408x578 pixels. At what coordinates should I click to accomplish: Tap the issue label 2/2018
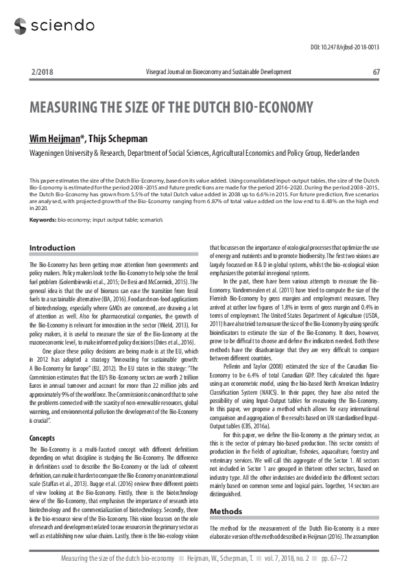43,71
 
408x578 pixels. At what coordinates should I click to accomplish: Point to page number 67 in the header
376,71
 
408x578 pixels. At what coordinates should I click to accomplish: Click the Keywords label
42,219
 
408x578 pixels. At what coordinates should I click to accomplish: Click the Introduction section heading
52,248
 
